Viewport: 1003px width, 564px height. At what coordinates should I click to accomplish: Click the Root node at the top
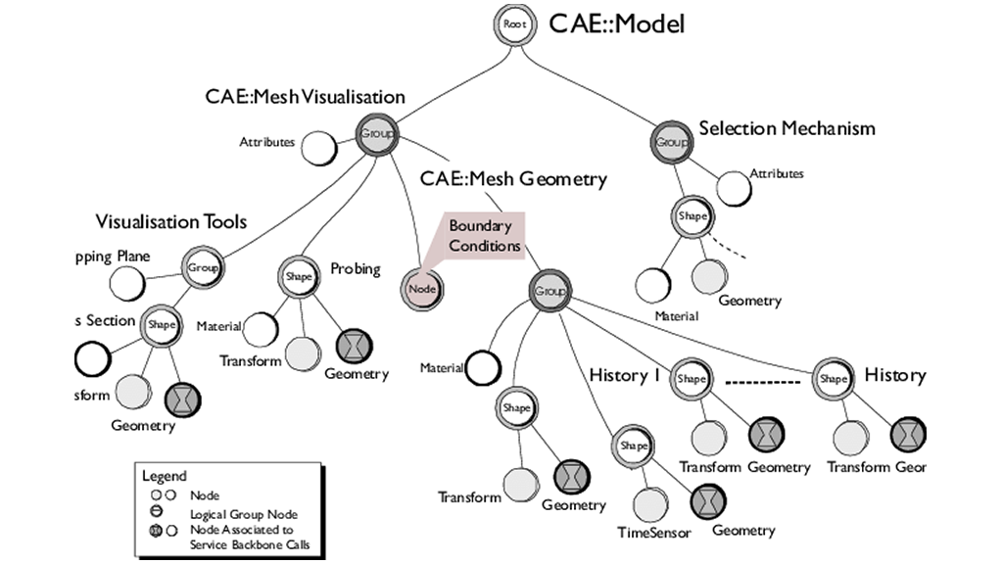(x=513, y=25)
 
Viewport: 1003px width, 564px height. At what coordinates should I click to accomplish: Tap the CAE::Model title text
(x=616, y=24)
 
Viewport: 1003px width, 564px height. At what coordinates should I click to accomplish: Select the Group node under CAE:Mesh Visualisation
(x=376, y=134)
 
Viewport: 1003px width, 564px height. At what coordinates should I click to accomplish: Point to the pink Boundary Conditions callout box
(x=484, y=236)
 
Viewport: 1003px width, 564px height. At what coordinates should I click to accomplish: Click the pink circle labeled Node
(x=421, y=289)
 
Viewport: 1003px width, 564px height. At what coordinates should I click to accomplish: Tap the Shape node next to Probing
(x=298, y=277)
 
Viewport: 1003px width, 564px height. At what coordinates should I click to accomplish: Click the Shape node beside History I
(x=690, y=378)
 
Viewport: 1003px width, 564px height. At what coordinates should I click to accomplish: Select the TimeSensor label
(x=654, y=533)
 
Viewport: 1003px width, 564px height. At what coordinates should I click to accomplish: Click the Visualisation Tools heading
(x=171, y=221)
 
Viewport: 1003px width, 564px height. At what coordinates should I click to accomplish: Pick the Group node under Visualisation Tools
(x=202, y=266)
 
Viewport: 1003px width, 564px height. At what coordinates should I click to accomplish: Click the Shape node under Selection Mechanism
(x=692, y=216)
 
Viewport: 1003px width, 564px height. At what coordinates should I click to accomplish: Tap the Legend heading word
(x=165, y=476)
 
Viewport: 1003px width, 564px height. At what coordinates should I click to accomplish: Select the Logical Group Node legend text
(x=242, y=513)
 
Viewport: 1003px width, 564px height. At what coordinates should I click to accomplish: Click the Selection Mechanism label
(x=787, y=128)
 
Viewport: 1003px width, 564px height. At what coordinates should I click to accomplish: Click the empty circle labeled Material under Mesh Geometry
(x=482, y=369)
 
